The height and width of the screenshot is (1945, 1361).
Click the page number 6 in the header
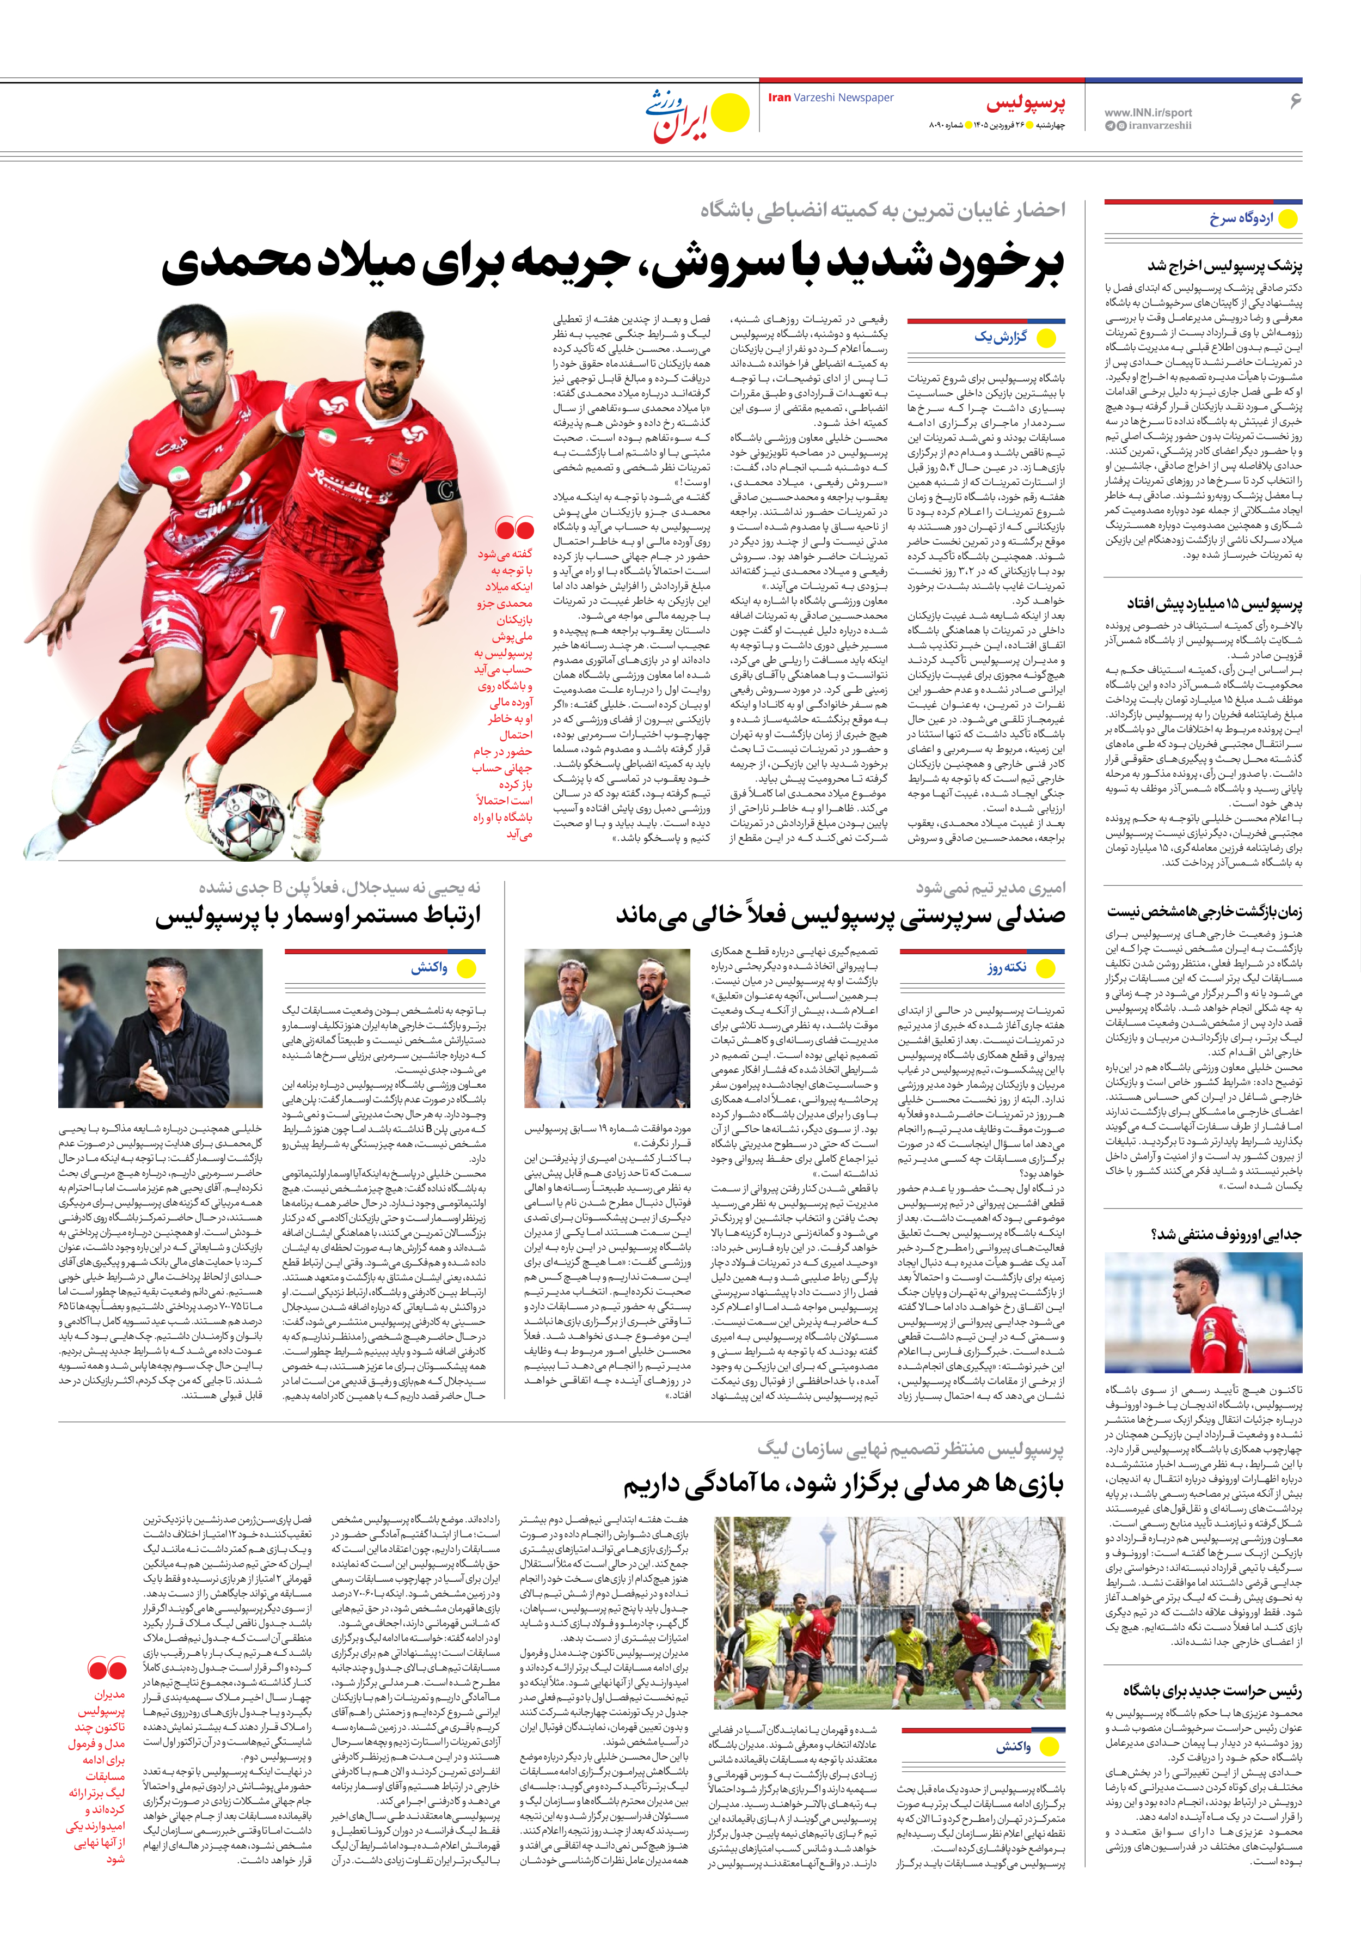(1294, 101)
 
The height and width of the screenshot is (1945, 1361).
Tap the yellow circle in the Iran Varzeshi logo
(730, 113)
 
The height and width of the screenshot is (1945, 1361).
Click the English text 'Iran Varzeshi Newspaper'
(831, 97)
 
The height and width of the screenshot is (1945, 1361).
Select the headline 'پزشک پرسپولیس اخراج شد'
(1225, 266)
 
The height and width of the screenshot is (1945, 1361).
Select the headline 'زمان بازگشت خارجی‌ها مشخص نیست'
(1204, 912)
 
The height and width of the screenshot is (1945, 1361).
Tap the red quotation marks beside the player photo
(514, 529)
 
